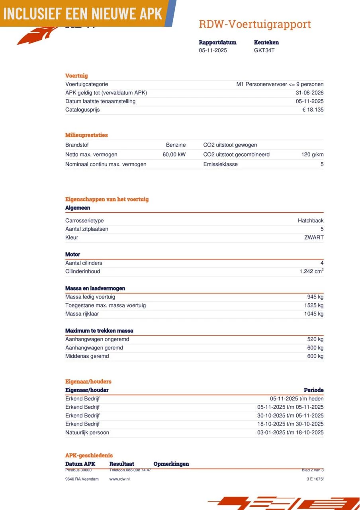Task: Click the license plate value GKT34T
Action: [x=264, y=51]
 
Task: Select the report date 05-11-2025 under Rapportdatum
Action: [x=213, y=51]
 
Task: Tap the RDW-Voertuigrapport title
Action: [x=255, y=24]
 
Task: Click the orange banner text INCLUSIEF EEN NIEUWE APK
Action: [x=83, y=14]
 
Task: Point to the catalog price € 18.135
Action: [x=313, y=110]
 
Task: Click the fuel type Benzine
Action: [x=176, y=145]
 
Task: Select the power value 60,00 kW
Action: [x=174, y=155]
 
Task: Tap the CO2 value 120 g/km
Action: [x=312, y=155]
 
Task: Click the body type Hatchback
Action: [x=311, y=221]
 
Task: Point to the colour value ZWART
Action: [x=314, y=237]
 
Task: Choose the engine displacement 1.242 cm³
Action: [x=311, y=271]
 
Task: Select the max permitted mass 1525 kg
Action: [x=314, y=306]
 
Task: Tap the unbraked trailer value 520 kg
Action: [x=315, y=339]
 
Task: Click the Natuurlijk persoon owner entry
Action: [x=87, y=433]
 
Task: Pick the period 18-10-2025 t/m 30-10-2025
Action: [x=290, y=424]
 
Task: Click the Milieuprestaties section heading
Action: [x=86, y=135]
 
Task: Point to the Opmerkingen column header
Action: [x=171, y=464]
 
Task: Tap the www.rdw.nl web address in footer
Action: [x=119, y=479]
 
